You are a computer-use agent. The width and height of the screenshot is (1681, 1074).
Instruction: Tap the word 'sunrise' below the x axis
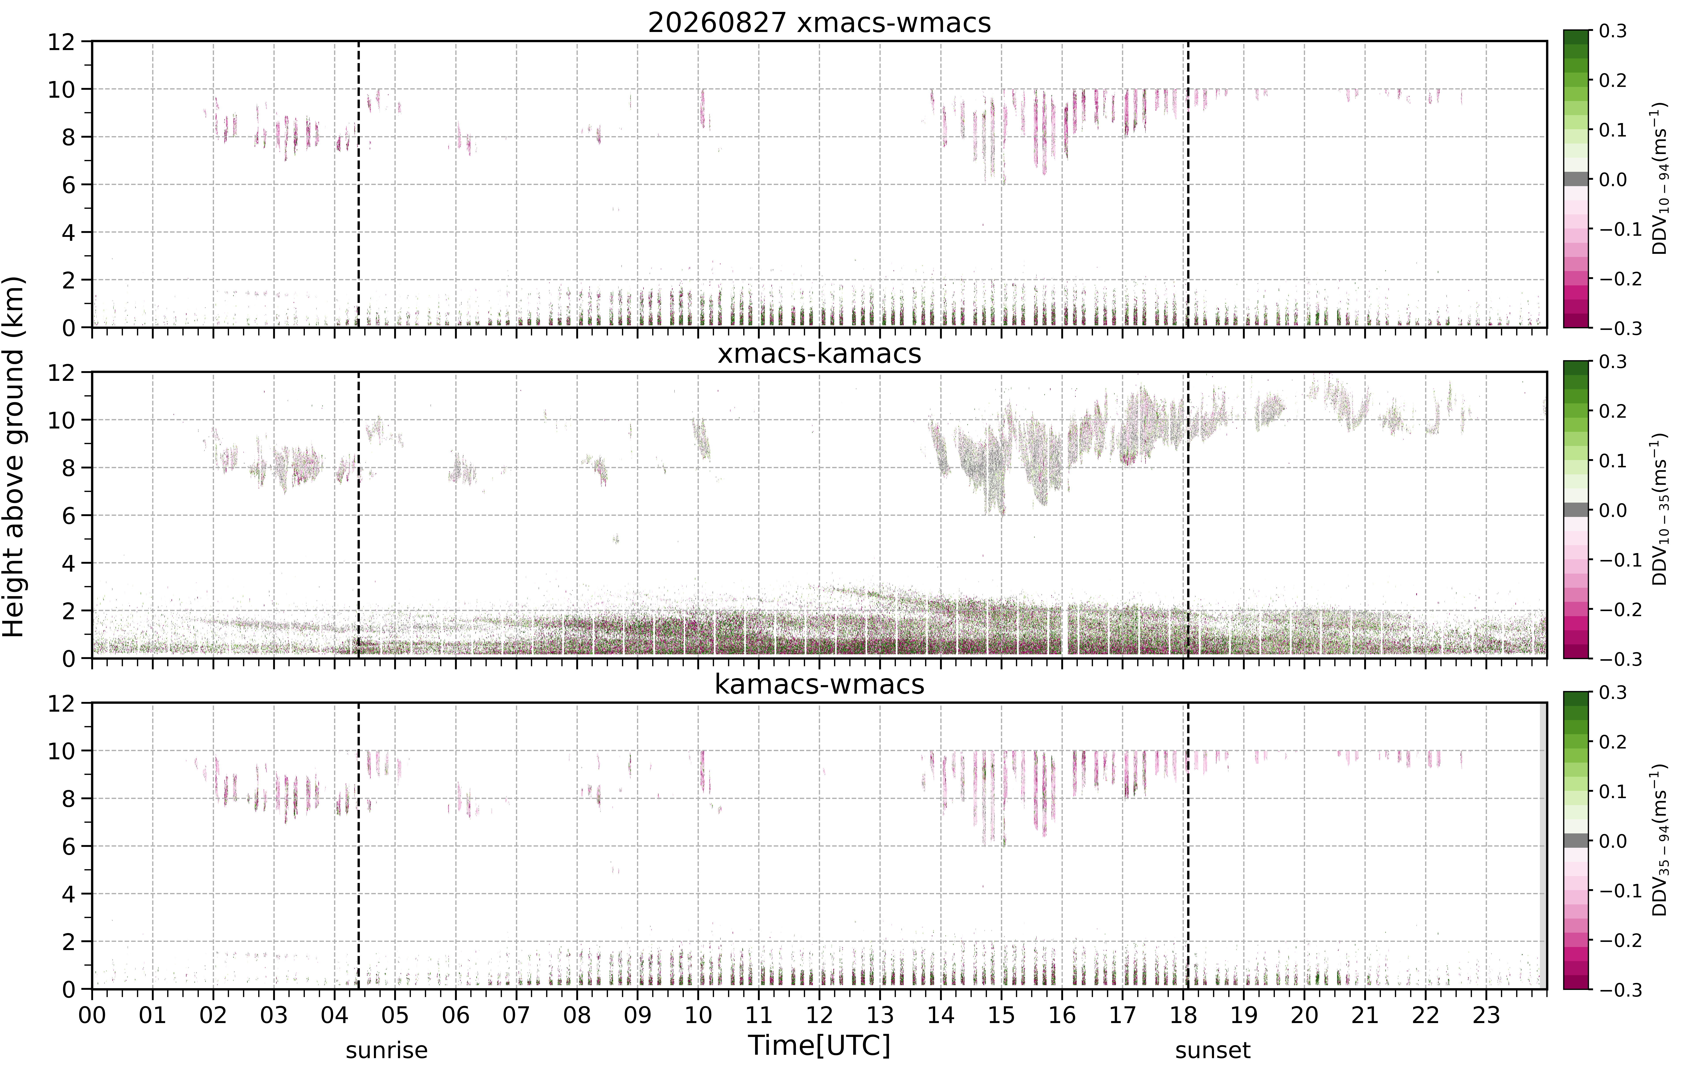pos(387,1050)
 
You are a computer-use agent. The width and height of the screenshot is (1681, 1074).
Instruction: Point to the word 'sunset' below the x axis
pos(1213,1050)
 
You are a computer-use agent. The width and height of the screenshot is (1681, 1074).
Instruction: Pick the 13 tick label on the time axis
pos(880,1015)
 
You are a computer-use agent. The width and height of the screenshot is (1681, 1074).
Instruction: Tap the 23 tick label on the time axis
pos(1486,1015)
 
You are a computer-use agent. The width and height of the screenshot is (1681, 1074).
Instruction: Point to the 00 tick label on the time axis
pos(92,1015)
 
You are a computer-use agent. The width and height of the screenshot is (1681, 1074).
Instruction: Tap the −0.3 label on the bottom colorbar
pos(1618,990)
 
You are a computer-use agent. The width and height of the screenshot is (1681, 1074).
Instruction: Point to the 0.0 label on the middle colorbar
pos(1613,511)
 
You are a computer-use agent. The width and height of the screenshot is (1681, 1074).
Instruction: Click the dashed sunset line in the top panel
pos(1188,184)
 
